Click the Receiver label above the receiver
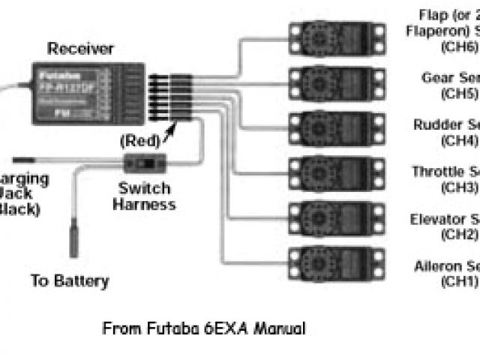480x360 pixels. pos(80,49)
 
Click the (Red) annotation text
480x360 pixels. pos(140,139)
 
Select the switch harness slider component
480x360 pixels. pos(147,162)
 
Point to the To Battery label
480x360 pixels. pos(70,282)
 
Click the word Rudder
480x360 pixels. pos(435,124)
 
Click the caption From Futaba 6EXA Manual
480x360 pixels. pos(203,328)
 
